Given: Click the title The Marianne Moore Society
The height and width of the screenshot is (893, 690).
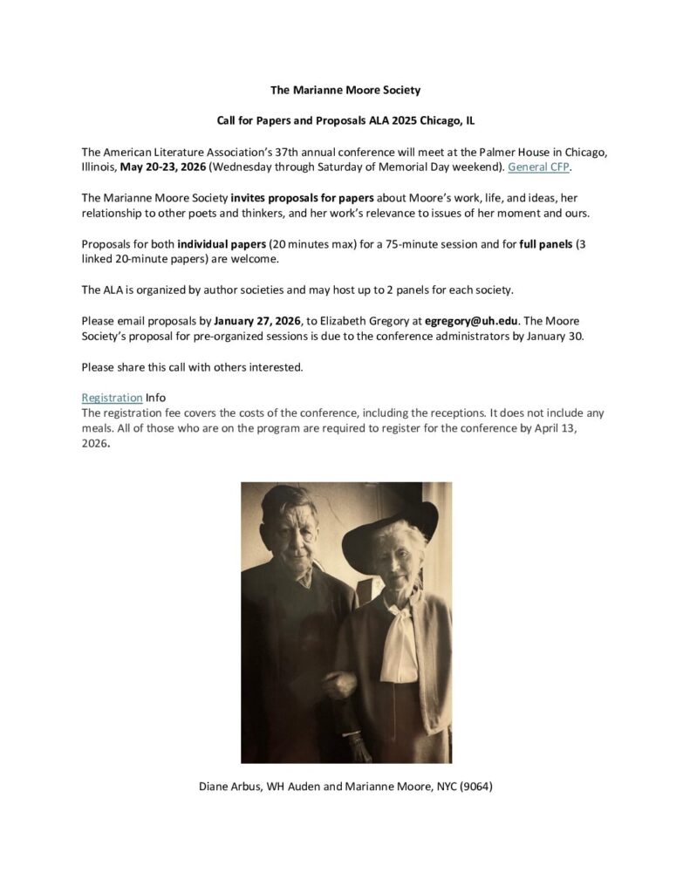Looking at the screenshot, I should click(x=345, y=90).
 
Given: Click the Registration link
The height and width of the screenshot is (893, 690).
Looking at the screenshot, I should click(x=112, y=398).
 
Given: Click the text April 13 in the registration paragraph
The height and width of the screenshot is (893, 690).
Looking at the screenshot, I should click(x=564, y=428).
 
